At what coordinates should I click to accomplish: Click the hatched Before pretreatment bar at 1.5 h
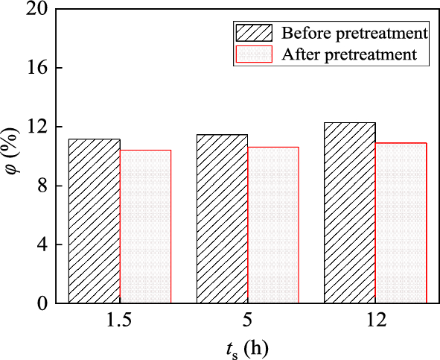(x=95, y=221)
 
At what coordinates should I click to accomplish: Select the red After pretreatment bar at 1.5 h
(x=145, y=227)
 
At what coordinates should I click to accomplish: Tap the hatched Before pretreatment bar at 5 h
(x=222, y=219)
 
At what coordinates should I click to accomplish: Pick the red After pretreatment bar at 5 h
(x=273, y=225)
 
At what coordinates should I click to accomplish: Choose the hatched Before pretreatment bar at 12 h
(x=350, y=213)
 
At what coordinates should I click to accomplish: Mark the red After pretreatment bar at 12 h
(x=401, y=223)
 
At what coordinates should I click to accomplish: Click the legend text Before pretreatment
(x=354, y=34)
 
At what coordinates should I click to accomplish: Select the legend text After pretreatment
(x=348, y=54)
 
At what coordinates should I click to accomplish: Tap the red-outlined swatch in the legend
(x=255, y=54)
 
